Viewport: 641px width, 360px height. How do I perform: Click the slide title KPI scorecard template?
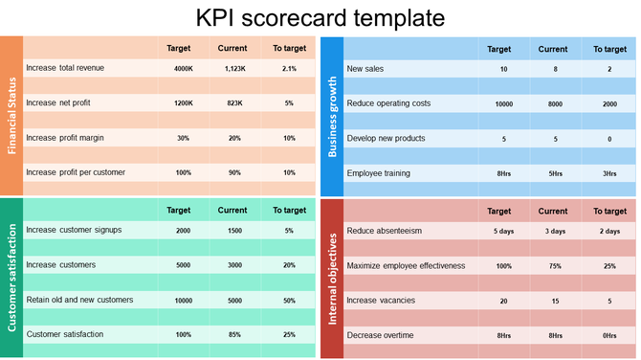320,17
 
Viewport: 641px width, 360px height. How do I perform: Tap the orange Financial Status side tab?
11,116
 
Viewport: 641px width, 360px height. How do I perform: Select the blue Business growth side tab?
332,116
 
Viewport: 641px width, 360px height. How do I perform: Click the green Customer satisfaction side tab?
11,278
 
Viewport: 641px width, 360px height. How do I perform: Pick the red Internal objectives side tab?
332,278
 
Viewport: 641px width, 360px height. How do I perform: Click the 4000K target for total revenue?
184,69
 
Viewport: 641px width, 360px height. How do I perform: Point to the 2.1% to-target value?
289,69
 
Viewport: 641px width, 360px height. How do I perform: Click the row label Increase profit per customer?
76,172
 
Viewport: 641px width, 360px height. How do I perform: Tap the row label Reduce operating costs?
388,103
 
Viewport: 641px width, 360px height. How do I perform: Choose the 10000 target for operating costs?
503,103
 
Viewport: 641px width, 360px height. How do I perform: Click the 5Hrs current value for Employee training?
555,173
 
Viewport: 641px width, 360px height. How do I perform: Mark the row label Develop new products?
386,138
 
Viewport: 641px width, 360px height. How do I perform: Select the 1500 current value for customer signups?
232,231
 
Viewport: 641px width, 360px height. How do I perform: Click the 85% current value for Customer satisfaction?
232,335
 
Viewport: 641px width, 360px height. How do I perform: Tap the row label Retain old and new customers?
79,300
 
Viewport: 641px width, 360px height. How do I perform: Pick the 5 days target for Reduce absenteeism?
503,232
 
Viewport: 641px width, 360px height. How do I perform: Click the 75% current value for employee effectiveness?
555,266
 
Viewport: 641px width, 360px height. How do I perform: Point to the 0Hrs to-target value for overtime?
609,335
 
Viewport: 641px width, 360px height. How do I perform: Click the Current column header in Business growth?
553,49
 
